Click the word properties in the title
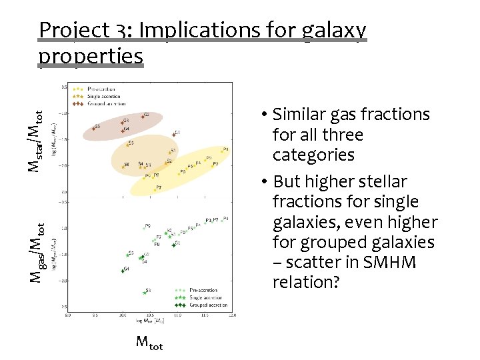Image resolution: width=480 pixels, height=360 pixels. coord(91,56)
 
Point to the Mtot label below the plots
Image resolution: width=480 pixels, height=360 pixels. coord(149,343)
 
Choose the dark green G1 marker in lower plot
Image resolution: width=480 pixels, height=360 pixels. coord(173,245)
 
